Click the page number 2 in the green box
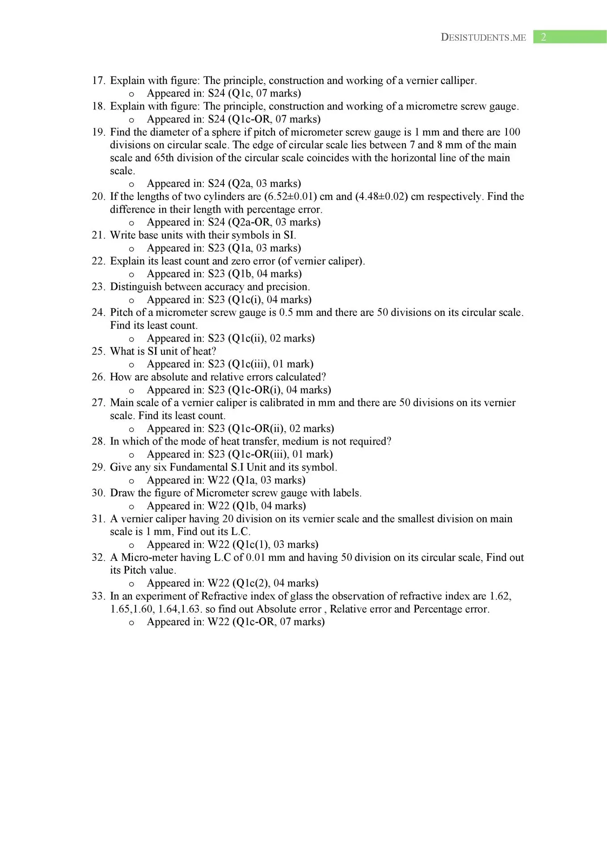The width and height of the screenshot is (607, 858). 544,37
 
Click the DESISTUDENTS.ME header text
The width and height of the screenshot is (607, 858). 483,38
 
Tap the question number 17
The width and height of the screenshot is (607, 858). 98,80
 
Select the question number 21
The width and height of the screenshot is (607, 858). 98,235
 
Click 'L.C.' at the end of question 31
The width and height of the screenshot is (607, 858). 240,532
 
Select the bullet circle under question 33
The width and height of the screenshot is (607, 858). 131,622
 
